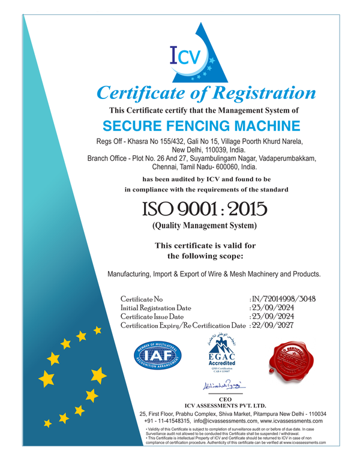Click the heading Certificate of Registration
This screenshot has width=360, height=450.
pos(206,93)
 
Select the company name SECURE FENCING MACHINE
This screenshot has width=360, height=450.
pos(201,126)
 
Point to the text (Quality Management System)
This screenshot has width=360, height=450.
pos(203,226)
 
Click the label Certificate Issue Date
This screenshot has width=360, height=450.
pos(152,316)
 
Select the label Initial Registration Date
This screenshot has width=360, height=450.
pos(155,307)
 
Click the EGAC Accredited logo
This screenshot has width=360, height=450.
pos(221,354)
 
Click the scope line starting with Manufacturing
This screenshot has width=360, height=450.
pos(214,274)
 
